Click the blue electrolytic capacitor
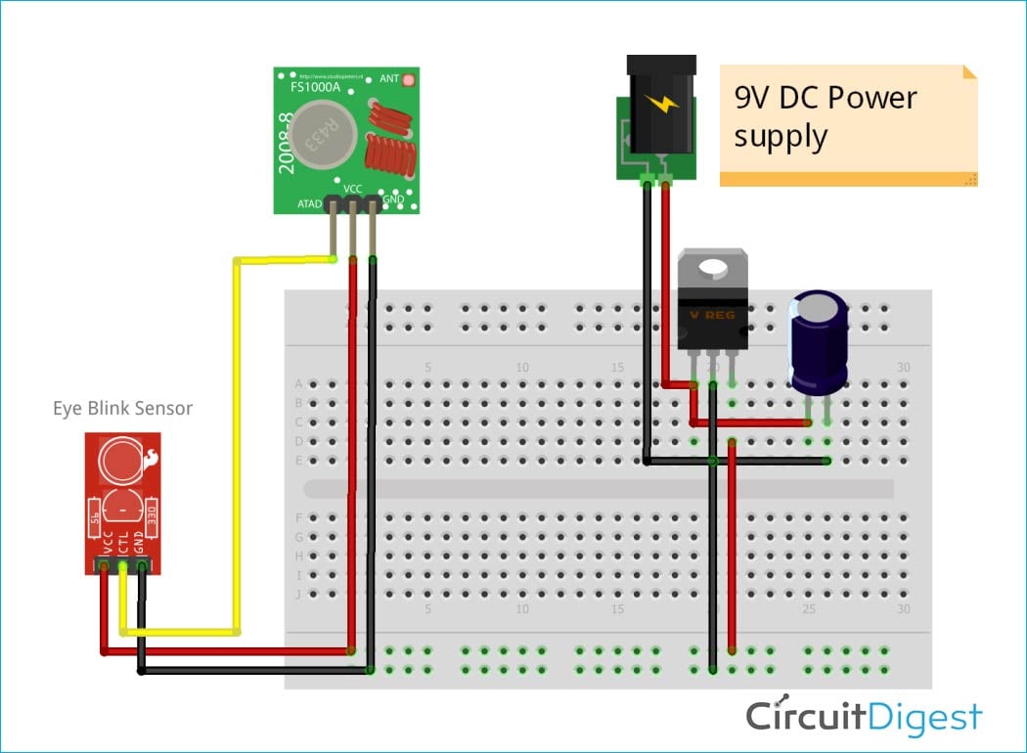coord(819,342)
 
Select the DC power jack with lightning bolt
coord(656,117)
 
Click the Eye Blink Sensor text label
coord(122,408)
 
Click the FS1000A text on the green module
coord(315,87)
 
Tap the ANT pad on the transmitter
coord(408,77)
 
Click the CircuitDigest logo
coord(864,717)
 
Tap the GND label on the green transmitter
coord(393,199)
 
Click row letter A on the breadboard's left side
coord(298,384)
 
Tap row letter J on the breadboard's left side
coord(298,594)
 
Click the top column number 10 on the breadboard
coord(522,368)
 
